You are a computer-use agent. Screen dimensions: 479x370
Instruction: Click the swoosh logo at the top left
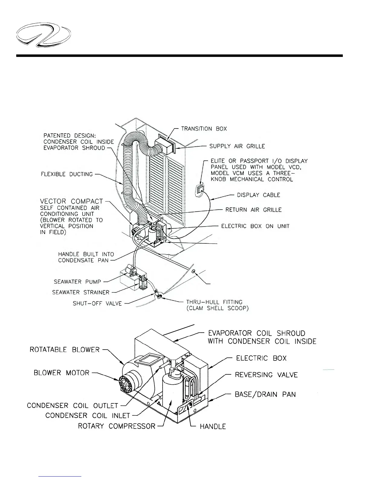click(44, 37)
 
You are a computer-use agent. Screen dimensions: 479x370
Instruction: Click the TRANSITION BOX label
click(204, 129)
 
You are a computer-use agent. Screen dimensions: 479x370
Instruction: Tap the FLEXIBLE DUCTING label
click(67, 174)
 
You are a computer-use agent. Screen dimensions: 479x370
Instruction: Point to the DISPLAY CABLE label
click(258, 195)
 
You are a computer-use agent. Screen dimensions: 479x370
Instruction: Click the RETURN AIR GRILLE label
click(253, 210)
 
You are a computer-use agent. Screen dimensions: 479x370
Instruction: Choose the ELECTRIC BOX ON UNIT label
click(255, 226)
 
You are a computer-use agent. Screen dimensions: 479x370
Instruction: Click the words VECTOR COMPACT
click(71, 201)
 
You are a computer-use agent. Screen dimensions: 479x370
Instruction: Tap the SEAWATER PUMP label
click(77, 282)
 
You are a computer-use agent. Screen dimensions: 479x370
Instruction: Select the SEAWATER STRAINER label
click(81, 292)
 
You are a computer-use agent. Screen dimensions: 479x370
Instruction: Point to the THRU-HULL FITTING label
click(214, 302)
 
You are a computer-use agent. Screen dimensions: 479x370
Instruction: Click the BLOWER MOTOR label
click(61, 373)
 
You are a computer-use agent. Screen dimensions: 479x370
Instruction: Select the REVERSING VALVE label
click(266, 375)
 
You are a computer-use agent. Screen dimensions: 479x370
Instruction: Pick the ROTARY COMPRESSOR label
click(116, 426)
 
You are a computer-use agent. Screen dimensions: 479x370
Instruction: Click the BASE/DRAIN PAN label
click(265, 395)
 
